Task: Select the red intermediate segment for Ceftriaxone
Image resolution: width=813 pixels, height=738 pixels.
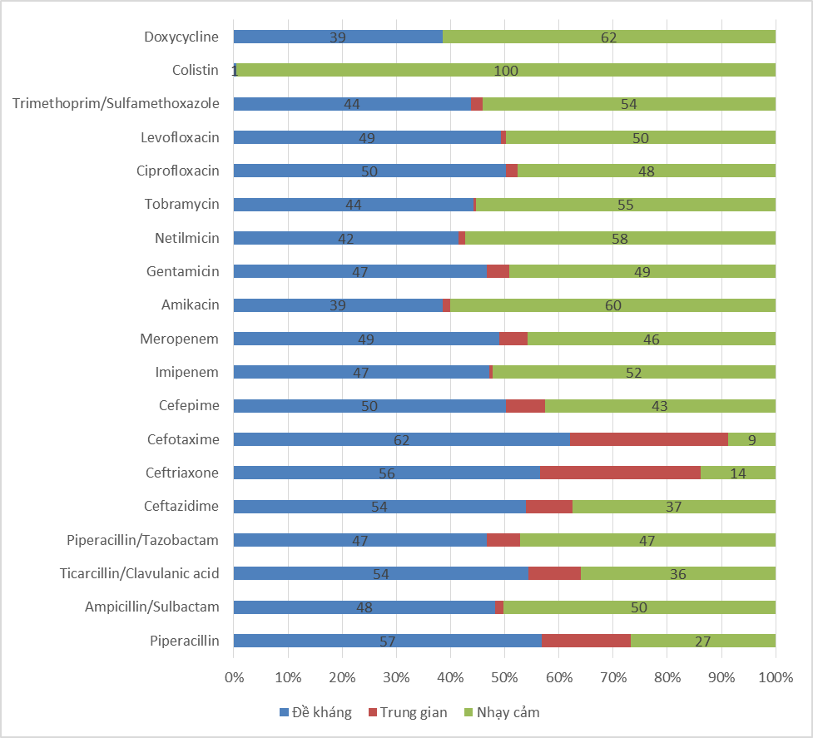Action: click(620, 473)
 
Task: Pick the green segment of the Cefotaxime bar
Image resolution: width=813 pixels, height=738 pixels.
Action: click(751, 439)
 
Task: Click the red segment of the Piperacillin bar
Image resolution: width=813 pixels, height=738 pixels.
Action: click(586, 641)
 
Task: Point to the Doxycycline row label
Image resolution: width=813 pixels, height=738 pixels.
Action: click(181, 37)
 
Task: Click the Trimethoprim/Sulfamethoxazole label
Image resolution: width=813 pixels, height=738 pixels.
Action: click(116, 103)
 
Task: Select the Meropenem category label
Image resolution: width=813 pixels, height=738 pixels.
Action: click(180, 339)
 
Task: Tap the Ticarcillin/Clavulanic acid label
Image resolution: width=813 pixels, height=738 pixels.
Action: click(139, 573)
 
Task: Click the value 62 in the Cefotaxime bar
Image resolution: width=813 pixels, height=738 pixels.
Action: click(401, 440)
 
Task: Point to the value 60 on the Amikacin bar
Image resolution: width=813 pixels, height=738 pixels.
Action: click(612, 305)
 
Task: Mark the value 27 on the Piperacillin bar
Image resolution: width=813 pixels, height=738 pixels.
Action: click(702, 641)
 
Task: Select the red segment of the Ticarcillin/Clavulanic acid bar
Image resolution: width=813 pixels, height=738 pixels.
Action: click(554, 573)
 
